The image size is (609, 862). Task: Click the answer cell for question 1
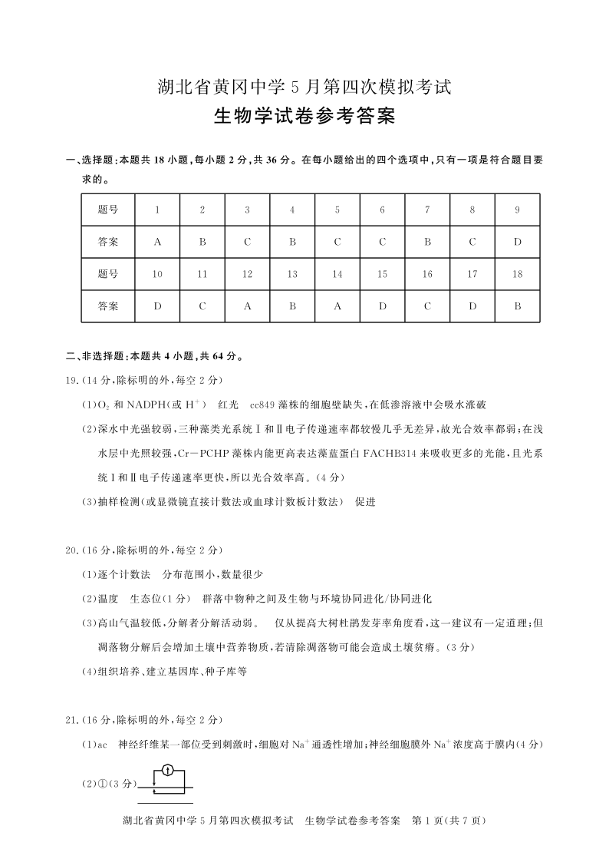tap(157, 243)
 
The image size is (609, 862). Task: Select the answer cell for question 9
tap(518, 243)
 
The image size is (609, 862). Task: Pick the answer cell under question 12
tap(247, 306)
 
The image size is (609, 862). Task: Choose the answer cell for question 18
tap(518, 306)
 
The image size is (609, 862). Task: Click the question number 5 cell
tap(337, 210)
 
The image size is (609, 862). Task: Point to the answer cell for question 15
tap(383, 306)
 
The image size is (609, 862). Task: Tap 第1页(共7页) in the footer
tap(450, 821)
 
